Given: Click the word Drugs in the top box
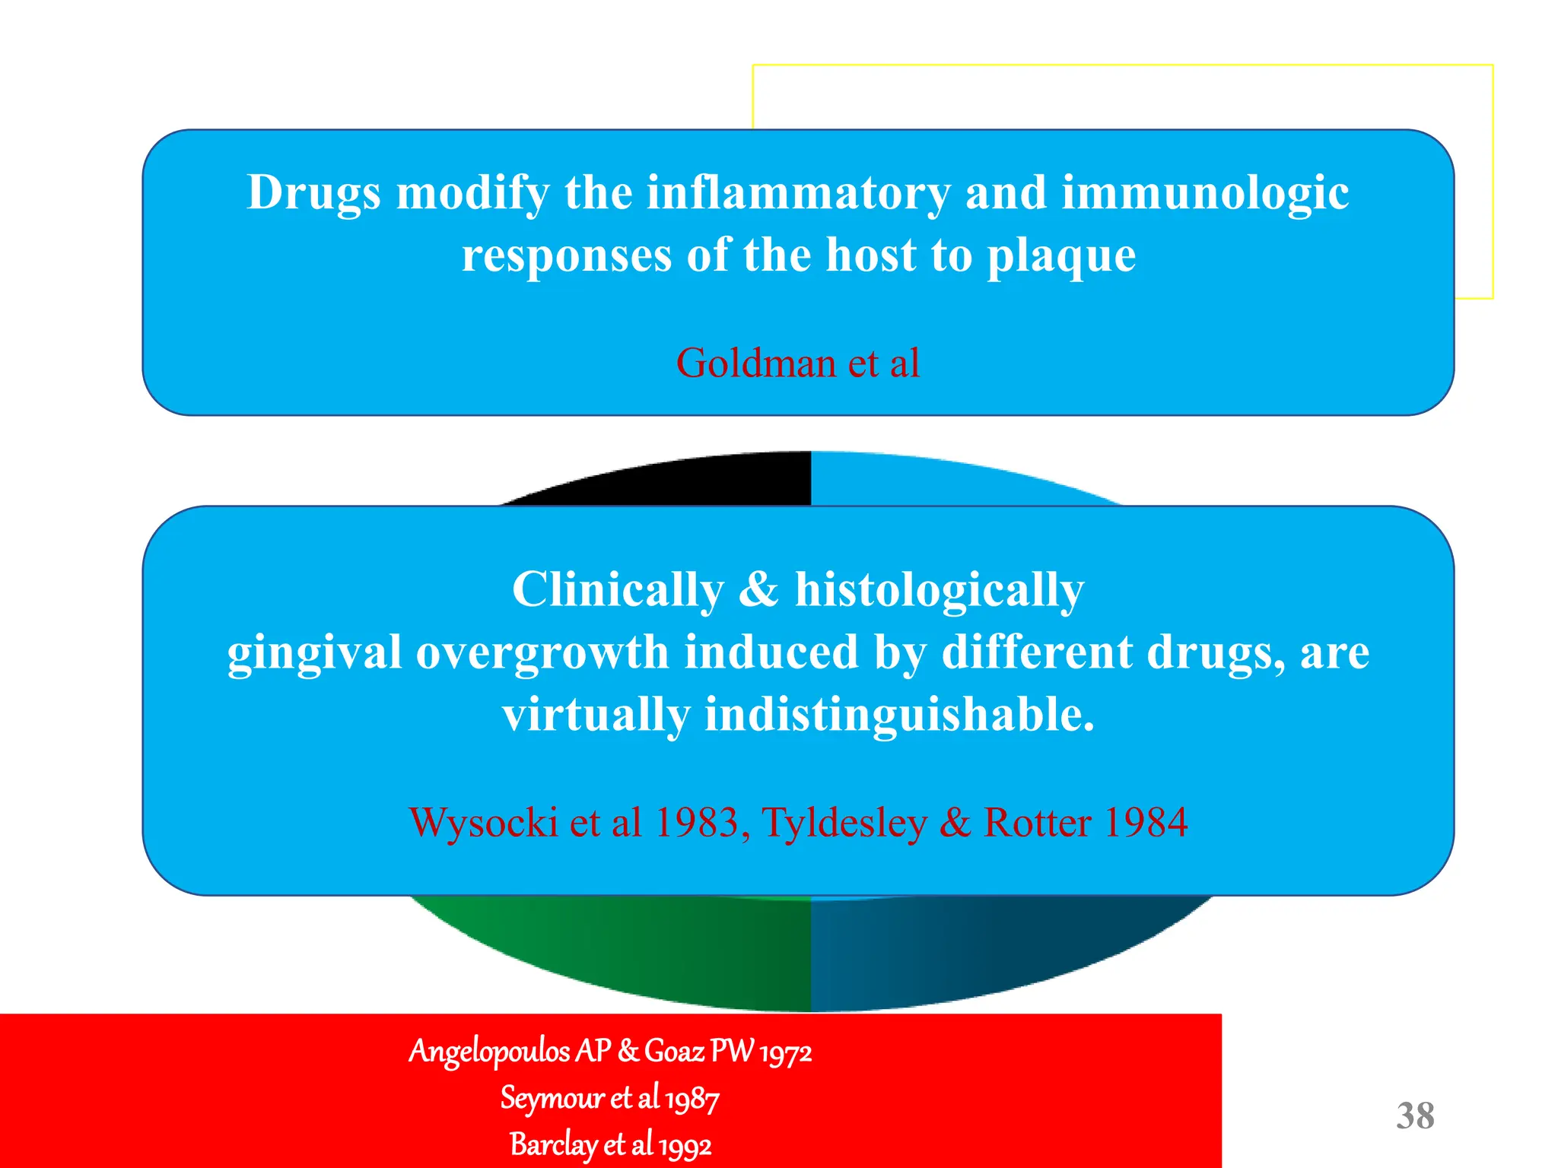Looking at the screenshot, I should [313, 193].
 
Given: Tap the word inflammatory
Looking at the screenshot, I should [798, 193].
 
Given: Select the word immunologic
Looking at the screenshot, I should [1205, 193].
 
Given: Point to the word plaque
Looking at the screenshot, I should [1061, 255].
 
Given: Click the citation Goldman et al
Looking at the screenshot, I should [798, 363].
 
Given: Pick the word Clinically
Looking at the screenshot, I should [618, 589].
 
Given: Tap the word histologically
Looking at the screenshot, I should [940, 589].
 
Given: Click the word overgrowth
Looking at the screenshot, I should [542, 652].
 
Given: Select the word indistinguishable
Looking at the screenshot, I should [899, 715].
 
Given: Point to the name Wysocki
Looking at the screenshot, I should [483, 823].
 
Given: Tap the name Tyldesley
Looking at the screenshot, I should [844, 823].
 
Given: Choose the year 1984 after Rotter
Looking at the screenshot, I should [1145, 823].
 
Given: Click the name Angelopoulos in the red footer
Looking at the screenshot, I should [489, 1052].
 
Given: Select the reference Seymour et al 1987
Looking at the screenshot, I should [609, 1099].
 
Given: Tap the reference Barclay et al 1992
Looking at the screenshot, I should [610, 1145].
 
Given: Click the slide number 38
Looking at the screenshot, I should [1415, 1116].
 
